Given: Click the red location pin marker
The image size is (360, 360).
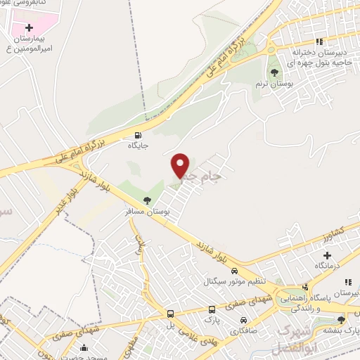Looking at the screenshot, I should click(x=181, y=166).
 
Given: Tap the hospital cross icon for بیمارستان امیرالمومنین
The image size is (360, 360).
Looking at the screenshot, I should click(x=29, y=27).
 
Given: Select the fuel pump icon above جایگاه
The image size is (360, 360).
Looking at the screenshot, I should click(x=136, y=136).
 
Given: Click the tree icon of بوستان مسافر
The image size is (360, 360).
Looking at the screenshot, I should click(x=147, y=201).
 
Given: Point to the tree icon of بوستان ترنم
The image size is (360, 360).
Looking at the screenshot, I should click(x=274, y=72).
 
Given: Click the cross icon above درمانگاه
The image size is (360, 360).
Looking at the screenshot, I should click(x=327, y=255).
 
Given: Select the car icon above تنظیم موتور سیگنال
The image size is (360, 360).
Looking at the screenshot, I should click(x=235, y=271).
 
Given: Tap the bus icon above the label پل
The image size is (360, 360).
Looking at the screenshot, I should click(x=170, y=314).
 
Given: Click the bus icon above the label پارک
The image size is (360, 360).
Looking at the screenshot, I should click(x=212, y=309).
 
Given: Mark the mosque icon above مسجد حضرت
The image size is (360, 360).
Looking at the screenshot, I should click(x=84, y=347).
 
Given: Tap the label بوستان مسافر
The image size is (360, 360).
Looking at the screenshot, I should click(x=145, y=212).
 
